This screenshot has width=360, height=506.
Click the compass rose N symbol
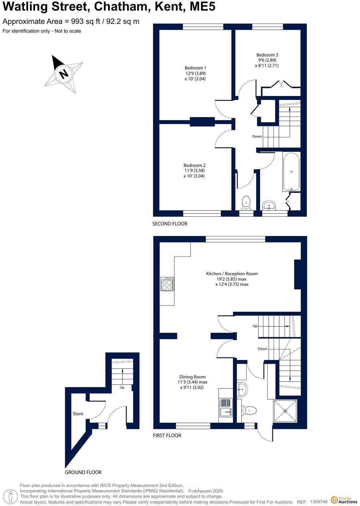[x=64, y=73]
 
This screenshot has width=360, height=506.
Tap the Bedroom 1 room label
[x=195, y=68]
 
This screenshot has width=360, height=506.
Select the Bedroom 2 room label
[x=195, y=165]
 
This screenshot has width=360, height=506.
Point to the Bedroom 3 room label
[x=267, y=55]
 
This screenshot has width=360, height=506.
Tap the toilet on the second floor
[x=246, y=203]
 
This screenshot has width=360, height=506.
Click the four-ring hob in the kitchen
[x=167, y=284]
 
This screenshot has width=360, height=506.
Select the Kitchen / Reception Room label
[x=232, y=274]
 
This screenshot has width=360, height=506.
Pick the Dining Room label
[x=192, y=377]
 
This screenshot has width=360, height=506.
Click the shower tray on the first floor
[x=285, y=411]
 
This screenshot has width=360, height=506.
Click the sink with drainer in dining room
[x=226, y=407]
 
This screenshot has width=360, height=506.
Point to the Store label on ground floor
[x=78, y=414]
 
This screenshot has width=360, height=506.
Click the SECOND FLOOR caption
[x=170, y=224]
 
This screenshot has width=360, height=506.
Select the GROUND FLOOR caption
[x=83, y=472]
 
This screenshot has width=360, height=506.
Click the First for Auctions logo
[x=344, y=500]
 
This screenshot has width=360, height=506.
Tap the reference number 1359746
[x=319, y=502]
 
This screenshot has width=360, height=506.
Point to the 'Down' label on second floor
[x=257, y=136]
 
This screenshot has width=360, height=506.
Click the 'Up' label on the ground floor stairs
[x=122, y=388]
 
